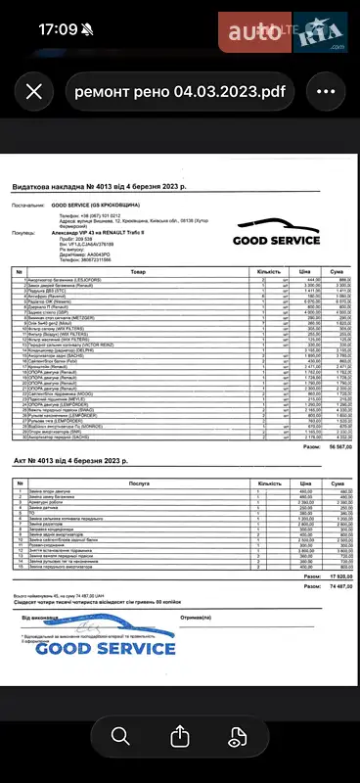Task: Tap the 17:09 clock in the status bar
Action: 57,29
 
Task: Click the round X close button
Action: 35,92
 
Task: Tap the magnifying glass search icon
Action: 120,735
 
